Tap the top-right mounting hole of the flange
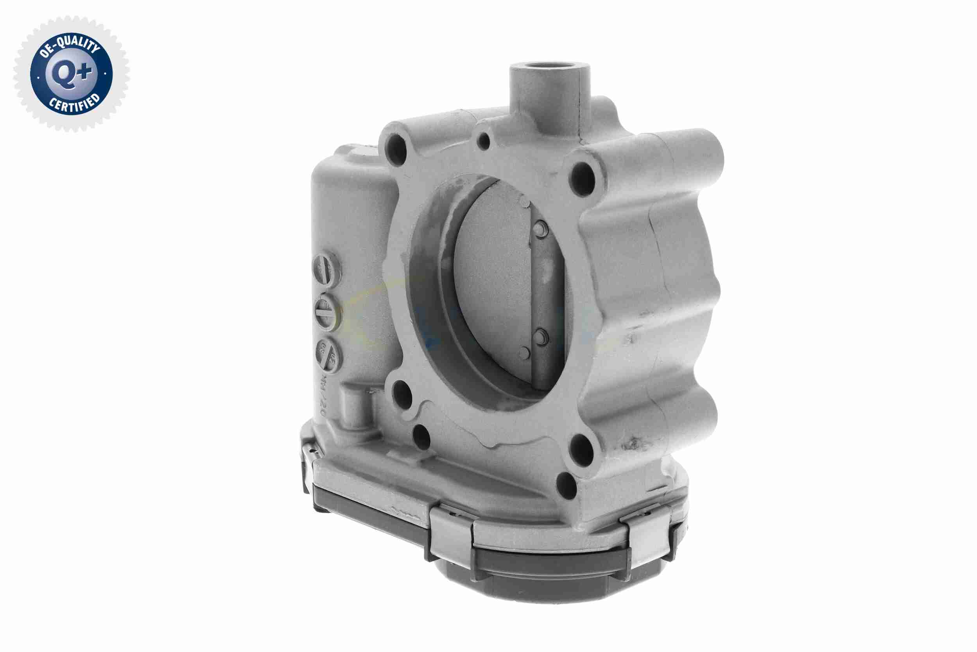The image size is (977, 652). [583, 179]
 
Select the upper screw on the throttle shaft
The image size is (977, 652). [540, 229]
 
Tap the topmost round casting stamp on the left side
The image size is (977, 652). [326, 270]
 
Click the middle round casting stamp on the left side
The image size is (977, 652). [328, 312]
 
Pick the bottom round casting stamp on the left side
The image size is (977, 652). [328, 354]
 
